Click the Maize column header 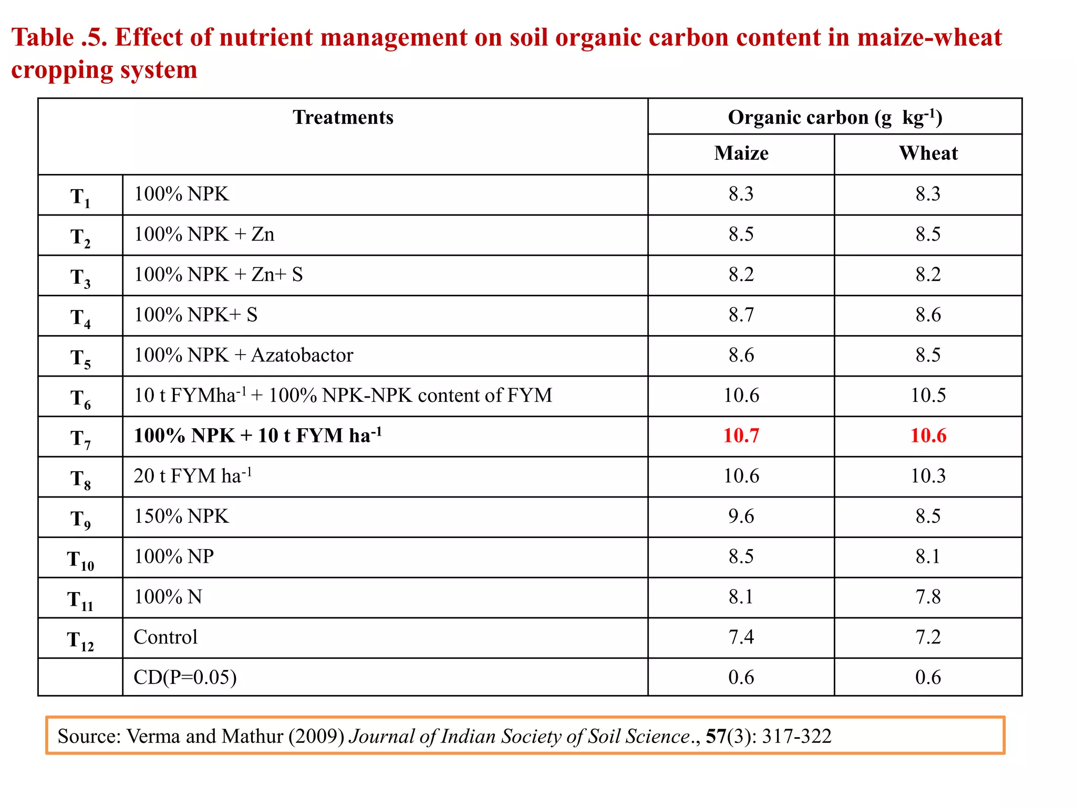point(741,153)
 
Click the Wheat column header point(928,153)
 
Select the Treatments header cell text point(343,117)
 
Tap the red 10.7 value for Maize point(741,436)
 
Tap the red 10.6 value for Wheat point(928,436)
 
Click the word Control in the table point(165,637)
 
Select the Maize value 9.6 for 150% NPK point(741,516)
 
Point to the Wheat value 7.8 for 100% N point(928,597)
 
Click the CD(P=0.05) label point(185,677)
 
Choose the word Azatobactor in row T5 point(302,355)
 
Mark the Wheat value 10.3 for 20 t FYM point(928,476)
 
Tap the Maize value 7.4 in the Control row point(741,637)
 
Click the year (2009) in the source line point(316,737)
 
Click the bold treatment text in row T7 point(257,436)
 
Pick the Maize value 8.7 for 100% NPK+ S point(741,315)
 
